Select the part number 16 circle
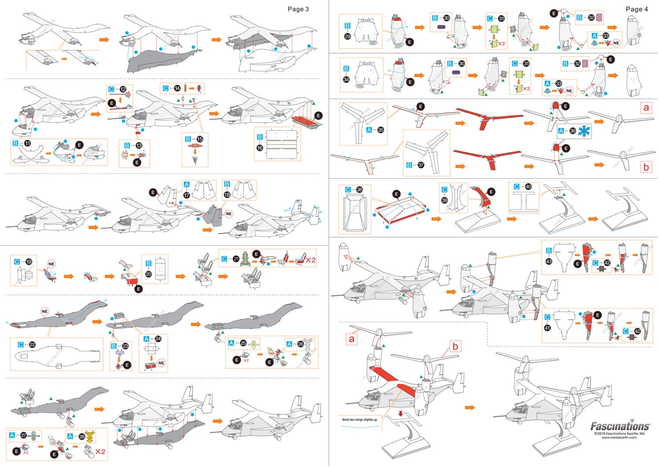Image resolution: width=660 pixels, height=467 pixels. pos(259,147)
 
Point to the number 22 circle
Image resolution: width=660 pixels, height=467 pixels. pos(33,344)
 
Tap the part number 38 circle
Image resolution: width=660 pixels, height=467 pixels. pos(359,189)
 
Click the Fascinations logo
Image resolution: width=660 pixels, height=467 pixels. pos(620,426)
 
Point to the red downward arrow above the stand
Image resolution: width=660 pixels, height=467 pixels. pos(400,413)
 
